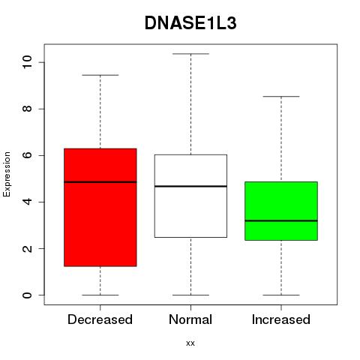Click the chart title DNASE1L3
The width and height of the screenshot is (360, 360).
pos(190,23)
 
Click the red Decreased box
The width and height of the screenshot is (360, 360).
pos(100,207)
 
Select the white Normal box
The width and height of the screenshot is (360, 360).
pos(190,196)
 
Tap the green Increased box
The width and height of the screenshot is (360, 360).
pos(281,211)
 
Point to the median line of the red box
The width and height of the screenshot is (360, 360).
pos(100,182)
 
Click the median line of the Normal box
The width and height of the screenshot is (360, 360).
pos(190,186)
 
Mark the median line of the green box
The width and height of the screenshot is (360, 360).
pos(281,220)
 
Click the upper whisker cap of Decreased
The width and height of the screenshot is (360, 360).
pos(100,75)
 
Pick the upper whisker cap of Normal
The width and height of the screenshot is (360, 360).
pos(190,54)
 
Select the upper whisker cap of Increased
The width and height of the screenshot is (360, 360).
pos(281,96)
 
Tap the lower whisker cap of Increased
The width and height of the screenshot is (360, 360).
pos(281,295)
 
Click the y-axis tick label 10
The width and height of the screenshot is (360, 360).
pos(27,62)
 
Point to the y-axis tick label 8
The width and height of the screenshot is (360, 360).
pos(27,109)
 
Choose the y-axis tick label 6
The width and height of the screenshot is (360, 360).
pos(27,155)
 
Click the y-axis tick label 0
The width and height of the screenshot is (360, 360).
pos(27,295)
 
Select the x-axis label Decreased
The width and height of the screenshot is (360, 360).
pos(100,319)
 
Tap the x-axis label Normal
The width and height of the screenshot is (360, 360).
pos(190,319)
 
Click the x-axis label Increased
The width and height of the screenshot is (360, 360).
pos(281,319)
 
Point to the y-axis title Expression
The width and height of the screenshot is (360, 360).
pos(7,174)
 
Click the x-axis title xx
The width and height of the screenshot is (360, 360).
pos(190,343)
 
